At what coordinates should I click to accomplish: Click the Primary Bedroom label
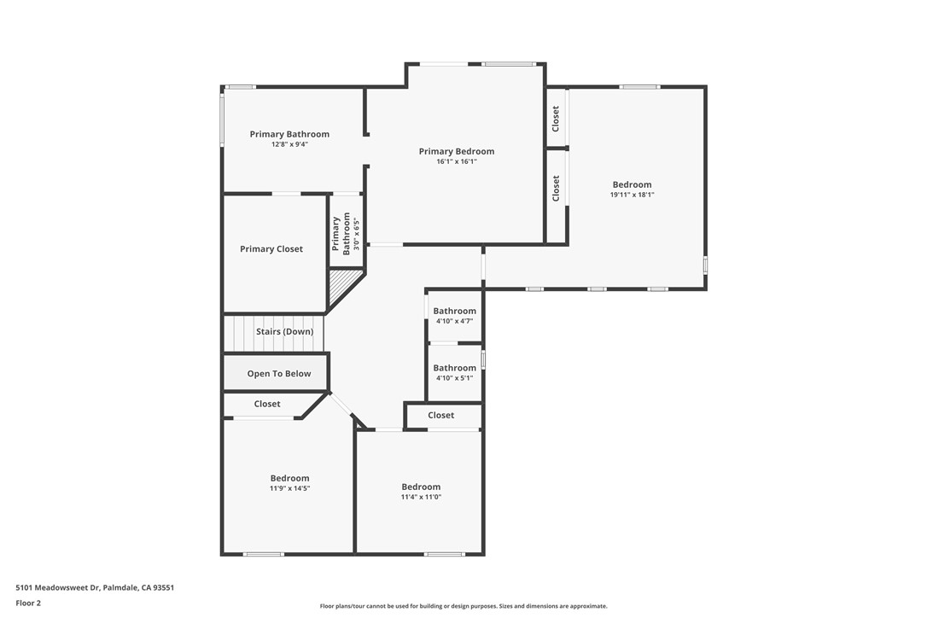click(x=457, y=151)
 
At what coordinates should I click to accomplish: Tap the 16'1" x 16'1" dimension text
click(x=457, y=161)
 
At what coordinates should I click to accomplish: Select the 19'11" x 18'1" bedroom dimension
click(x=632, y=195)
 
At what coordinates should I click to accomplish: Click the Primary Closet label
click(x=271, y=249)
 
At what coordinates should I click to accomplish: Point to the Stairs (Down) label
click(x=284, y=332)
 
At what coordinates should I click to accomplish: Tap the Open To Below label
click(x=279, y=374)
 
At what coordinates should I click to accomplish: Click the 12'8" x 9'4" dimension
click(x=289, y=144)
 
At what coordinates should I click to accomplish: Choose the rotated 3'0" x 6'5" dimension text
click(x=356, y=234)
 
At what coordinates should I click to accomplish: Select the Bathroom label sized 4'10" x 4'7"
click(x=455, y=311)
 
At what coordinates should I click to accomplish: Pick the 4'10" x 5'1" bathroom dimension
click(x=455, y=378)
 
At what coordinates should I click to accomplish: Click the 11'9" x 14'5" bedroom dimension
click(x=289, y=488)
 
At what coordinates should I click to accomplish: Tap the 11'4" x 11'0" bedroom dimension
click(x=421, y=498)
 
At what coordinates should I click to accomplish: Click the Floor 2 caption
click(x=28, y=603)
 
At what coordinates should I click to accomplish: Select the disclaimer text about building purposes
click(x=463, y=606)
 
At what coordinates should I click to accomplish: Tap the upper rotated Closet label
click(x=556, y=119)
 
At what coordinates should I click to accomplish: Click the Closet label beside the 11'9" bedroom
click(x=267, y=404)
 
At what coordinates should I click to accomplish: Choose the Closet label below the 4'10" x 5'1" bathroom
click(x=441, y=415)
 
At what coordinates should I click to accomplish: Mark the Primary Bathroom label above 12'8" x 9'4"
click(x=289, y=134)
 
